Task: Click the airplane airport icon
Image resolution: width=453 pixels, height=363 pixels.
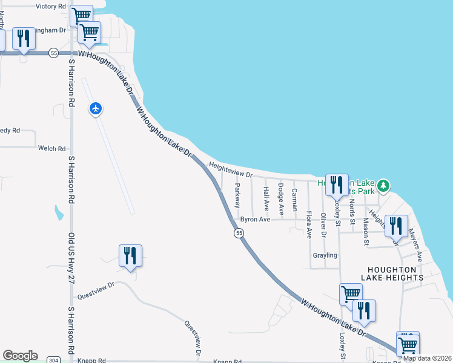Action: click(96, 109)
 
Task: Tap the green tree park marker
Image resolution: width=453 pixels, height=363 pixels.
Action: click(383, 185)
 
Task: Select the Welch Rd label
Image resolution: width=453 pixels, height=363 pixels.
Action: click(51, 148)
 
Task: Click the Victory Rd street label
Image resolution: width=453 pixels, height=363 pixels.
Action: click(51, 6)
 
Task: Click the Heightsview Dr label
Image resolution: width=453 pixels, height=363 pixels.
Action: click(230, 169)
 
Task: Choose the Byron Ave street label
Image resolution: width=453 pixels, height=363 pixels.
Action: click(255, 220)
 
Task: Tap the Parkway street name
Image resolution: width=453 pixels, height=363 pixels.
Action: click(237, 196)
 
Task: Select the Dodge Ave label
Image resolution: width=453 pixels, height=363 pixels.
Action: click(281, 199)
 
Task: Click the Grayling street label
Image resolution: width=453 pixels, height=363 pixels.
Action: click(325, 255)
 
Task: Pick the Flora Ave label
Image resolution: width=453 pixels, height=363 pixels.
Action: click(309, 224)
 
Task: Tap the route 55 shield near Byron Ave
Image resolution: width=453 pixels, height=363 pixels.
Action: click(239, 233)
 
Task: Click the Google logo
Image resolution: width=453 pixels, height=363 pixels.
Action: click(20, 356)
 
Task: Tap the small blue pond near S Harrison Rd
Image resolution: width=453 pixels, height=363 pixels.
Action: click(59, 212)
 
